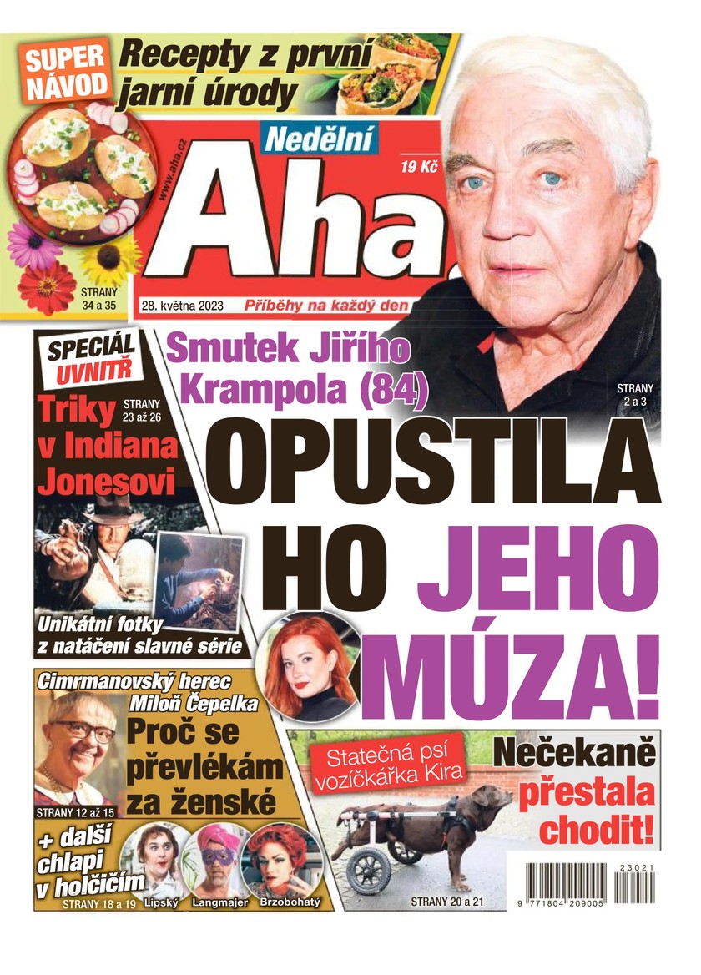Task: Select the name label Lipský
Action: (162, 903)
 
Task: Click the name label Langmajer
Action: (219, 903)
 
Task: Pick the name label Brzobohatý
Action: (286, 903)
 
